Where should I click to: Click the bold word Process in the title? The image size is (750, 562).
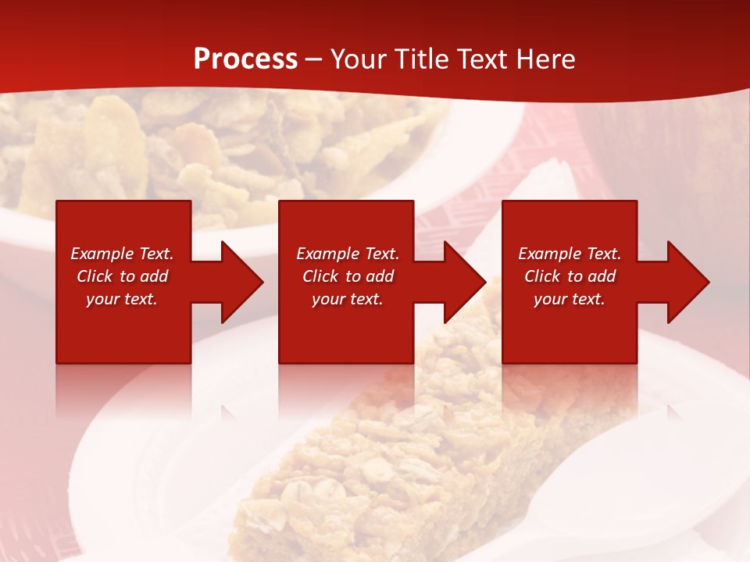245,59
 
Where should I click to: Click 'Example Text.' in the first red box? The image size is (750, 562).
122,254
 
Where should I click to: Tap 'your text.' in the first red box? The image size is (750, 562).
122,299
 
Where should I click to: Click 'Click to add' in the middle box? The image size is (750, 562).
348,276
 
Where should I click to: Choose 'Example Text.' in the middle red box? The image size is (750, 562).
348,254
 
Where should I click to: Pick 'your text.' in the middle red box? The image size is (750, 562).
348,299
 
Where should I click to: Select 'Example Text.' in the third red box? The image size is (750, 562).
570,254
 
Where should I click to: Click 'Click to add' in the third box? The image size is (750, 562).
570,276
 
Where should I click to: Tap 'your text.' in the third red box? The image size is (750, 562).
570,299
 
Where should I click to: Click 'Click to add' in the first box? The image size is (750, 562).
122,276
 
